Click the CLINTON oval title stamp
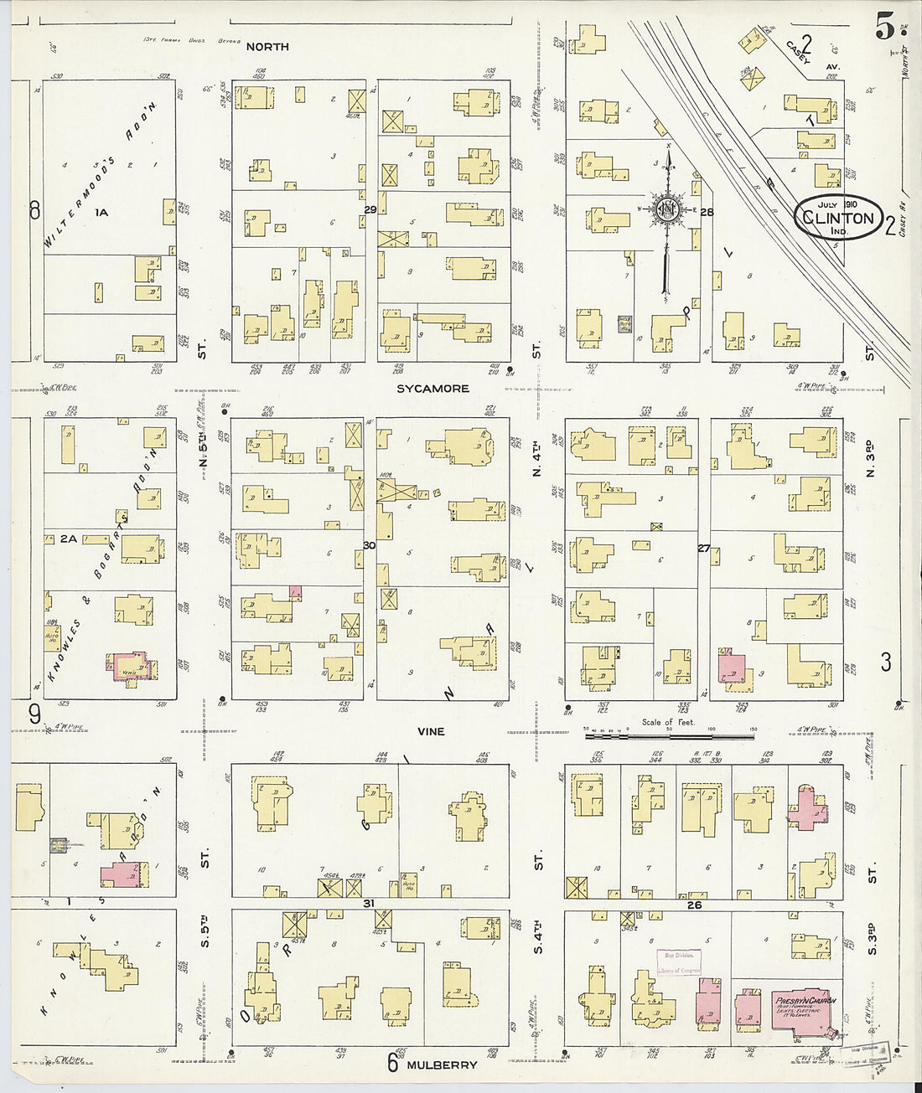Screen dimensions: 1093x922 (837, 218)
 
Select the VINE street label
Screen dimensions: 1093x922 (431, 731)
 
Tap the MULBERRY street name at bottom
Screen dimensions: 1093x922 (442, 1065)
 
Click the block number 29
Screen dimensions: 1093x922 (370, 209)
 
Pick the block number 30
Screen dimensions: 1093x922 (370, 545)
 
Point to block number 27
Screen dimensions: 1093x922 (703, 549)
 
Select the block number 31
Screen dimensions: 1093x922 (369, 903)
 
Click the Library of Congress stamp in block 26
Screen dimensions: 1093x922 (678, 962)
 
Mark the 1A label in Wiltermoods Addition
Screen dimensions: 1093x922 (101, 213)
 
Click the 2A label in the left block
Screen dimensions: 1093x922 (68, 539)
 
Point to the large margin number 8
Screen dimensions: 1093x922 (34, 210)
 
